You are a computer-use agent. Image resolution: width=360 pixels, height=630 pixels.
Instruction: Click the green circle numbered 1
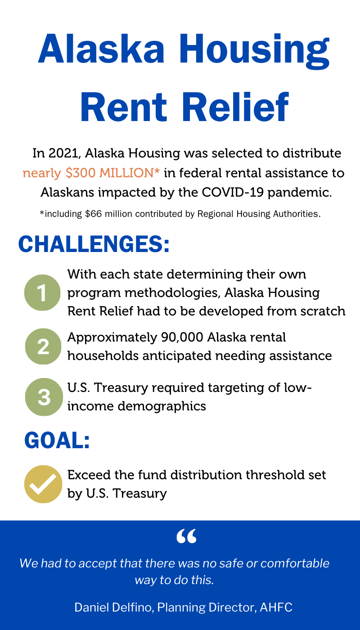pyautogui.click(x=42, y=292)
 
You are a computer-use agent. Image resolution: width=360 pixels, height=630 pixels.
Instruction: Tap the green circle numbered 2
pyautogui.click(x=43, y=346)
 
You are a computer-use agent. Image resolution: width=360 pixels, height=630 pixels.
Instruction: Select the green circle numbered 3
pyautogui.click(x=44, y=397)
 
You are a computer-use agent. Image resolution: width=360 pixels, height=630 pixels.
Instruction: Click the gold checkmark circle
pyautogui.click(x=43, y=484)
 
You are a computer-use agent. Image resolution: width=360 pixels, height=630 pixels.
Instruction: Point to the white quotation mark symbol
pyautogui.click(x=186, y=536)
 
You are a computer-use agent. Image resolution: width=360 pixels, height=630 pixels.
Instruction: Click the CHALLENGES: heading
pyautogui.click(x=94, y=244)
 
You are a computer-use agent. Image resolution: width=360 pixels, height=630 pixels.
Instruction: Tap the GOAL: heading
pyautogui.click(x=57, y=441)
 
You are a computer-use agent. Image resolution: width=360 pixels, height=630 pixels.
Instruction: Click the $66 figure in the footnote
pyautogui.click(x=94, y=214)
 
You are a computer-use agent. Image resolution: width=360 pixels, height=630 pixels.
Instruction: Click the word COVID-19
pyautogui.click(x=233, y=193)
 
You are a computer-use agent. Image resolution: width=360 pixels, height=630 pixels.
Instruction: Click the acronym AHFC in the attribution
pyautogui.click(x=276, y=607)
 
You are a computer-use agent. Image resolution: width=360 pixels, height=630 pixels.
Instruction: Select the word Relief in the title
pyautogui.click(x=236, y=107)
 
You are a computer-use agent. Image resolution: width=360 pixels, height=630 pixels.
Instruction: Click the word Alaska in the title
pyautogui.click(x=101, y=49)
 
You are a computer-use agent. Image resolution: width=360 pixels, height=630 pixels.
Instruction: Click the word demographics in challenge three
pyautogui.click(x=162, y=406)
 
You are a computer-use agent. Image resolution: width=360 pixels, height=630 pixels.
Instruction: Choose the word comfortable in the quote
pyautogui.click(x=295, y=563)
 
